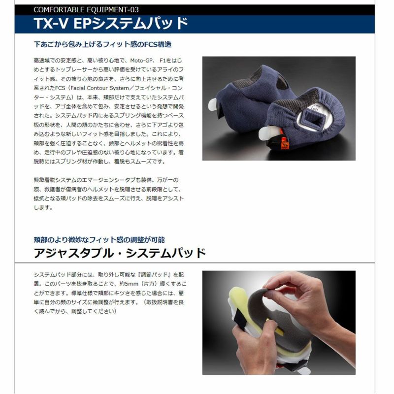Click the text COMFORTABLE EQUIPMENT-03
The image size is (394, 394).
(86, 10)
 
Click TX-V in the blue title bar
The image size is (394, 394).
(51, 23)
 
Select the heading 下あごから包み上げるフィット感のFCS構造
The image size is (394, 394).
(102, 44)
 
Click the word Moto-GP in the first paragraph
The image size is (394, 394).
(141, 61)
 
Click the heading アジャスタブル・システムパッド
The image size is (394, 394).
(120, 253)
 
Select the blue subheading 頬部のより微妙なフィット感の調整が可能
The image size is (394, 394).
(99, 240)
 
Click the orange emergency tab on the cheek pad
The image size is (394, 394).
(284, 144)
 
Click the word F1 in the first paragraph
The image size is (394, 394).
(163, 61)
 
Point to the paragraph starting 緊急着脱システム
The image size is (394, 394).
(109, 194)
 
